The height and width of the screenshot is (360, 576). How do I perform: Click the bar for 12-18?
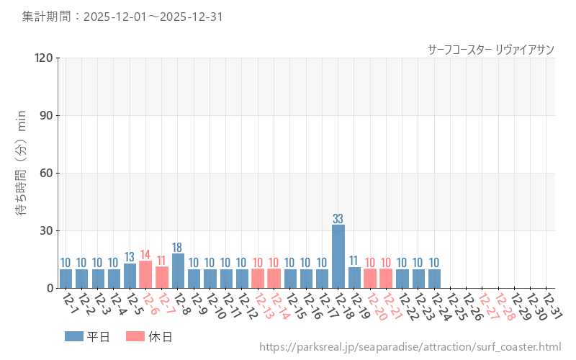(x=338, y=256)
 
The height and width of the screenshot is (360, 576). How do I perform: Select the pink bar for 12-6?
(x=145, y=274)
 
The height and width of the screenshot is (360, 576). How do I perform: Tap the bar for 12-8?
(x=178, y=271)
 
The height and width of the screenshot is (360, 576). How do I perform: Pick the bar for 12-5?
(x=130, y=276)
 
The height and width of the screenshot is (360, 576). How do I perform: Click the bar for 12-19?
(x=354, y=277)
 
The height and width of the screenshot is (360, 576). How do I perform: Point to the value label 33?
(x=338, y=219)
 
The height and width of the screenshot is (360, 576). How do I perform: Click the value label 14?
(x=145, y=255)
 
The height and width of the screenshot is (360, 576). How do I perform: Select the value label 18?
(x=178, y=248)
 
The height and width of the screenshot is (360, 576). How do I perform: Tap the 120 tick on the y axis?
(x=44, y=58)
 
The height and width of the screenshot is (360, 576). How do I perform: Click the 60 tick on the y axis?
(x=47, y=173)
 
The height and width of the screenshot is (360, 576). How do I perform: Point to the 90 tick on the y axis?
(x=47, y=115)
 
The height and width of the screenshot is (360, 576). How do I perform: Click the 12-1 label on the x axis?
(x=70, y=304)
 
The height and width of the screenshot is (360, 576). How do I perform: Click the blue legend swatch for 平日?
(x=74, y=336)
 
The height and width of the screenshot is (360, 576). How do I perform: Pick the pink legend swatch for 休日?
(x=135, y=336)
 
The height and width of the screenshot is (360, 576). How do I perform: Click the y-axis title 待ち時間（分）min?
(x=22, y=173)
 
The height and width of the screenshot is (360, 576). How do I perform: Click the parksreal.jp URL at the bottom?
(x=410, y=348)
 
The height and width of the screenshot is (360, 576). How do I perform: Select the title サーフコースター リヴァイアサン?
(x=490, y=49)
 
